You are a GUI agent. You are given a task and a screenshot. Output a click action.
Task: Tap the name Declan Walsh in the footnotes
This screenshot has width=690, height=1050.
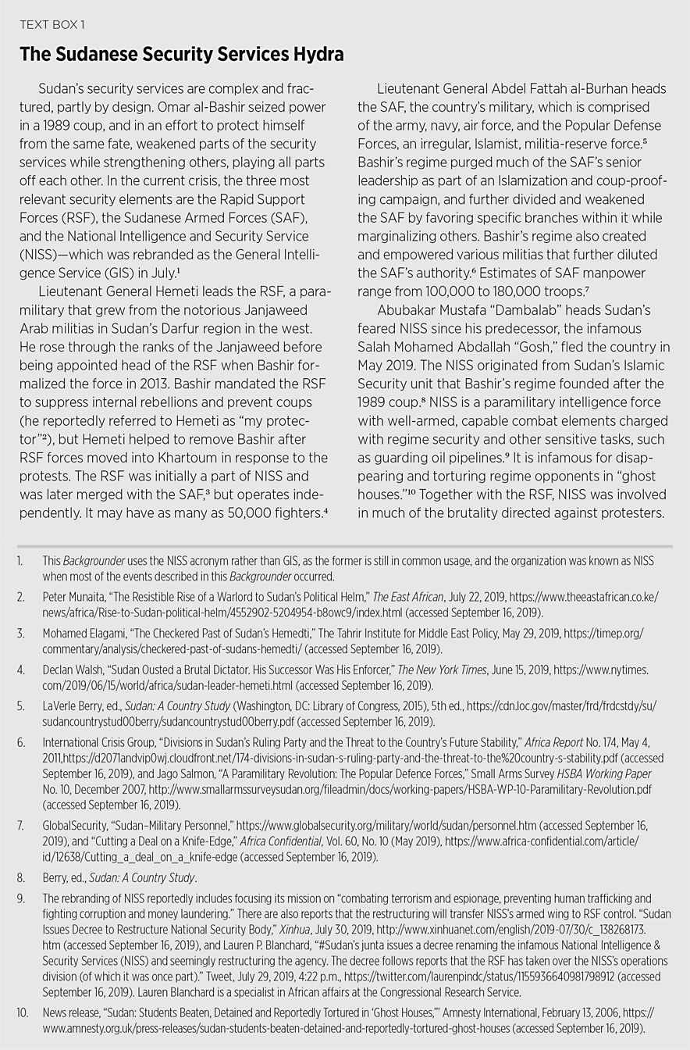click(x=71, y=670)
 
